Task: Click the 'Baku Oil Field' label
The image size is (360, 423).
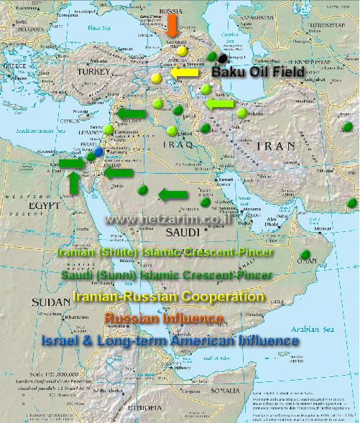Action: point(259,73)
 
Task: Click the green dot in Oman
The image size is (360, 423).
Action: point(306,253)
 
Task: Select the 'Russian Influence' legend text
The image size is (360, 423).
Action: point(164,317)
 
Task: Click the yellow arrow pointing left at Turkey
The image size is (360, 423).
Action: point(185,73)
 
